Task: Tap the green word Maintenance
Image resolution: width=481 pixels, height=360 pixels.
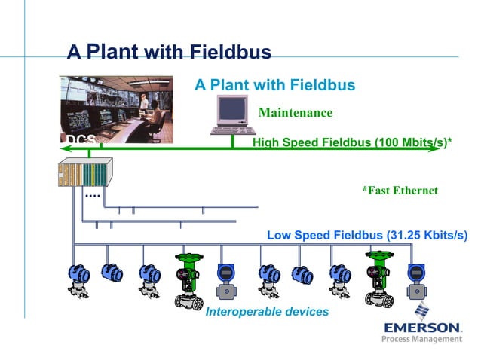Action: pos(295,113)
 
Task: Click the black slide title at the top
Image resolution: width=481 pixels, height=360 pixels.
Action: pos(169,52)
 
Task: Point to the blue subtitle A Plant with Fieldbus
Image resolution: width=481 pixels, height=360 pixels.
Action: pos(274,85)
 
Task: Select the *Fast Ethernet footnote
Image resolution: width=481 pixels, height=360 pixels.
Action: pos(400,191)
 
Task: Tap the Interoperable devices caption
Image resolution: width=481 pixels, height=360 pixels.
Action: pos(267,311)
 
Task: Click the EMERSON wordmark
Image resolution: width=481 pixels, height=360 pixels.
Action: pos(423,328)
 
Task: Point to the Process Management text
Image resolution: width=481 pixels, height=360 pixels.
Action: pos(422,340)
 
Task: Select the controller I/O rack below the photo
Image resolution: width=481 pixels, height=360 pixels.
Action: pos(84,174)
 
